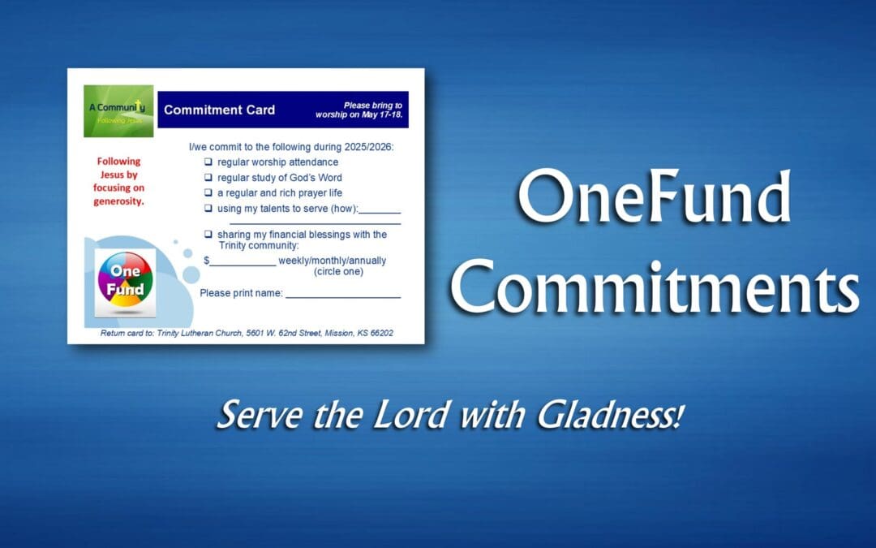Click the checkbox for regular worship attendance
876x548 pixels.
coord(208,162)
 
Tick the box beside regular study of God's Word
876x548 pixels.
coord(208,178)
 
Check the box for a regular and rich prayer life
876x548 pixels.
coord(208,193)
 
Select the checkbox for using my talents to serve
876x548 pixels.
coord(208,209)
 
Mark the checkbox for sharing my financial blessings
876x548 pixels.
coord(208,235)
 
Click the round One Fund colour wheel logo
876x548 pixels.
coord(125,281)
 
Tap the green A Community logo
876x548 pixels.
coord(118,110)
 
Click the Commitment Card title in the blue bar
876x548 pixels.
coord(219,110)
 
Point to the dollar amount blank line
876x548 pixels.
coord(243,263)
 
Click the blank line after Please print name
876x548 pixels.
coord(342,296)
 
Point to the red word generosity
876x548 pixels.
coord(118,201)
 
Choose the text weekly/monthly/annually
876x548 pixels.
coord(333,261)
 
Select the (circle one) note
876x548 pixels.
coord(338,272)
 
